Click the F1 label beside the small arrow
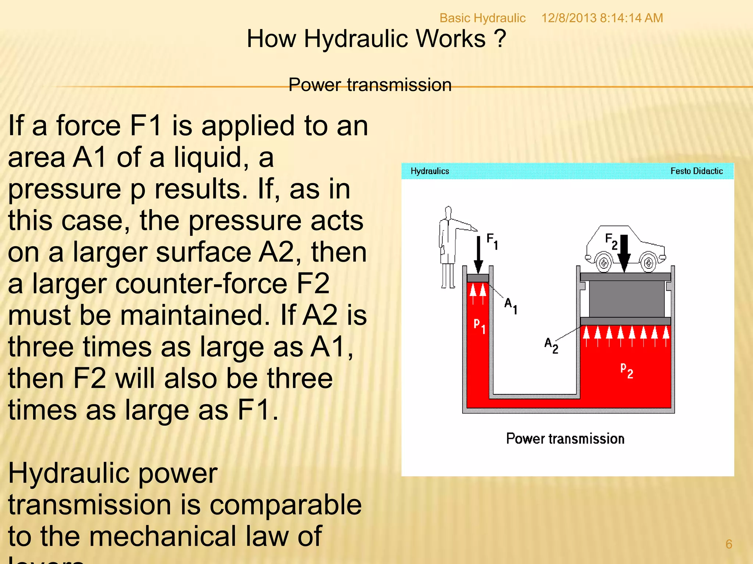pos(492,241)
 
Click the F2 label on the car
pos(611,241)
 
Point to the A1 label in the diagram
pos(510,305)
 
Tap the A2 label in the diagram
pos(551,345)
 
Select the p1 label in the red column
pos(479,325)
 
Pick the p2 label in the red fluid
pos(627,370)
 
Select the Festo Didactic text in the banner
pos(696,171)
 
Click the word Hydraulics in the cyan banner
pos(429,171)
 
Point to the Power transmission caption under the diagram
pos(565,439)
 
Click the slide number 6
pos(729,544)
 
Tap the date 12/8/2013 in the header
pos(568,18)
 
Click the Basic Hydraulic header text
pos(482,18)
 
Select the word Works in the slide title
pos(450,39)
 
